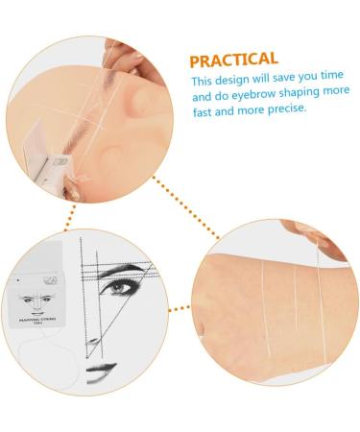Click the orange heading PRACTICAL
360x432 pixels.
234,60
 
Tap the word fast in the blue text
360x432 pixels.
203,109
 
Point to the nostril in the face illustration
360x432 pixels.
91,343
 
